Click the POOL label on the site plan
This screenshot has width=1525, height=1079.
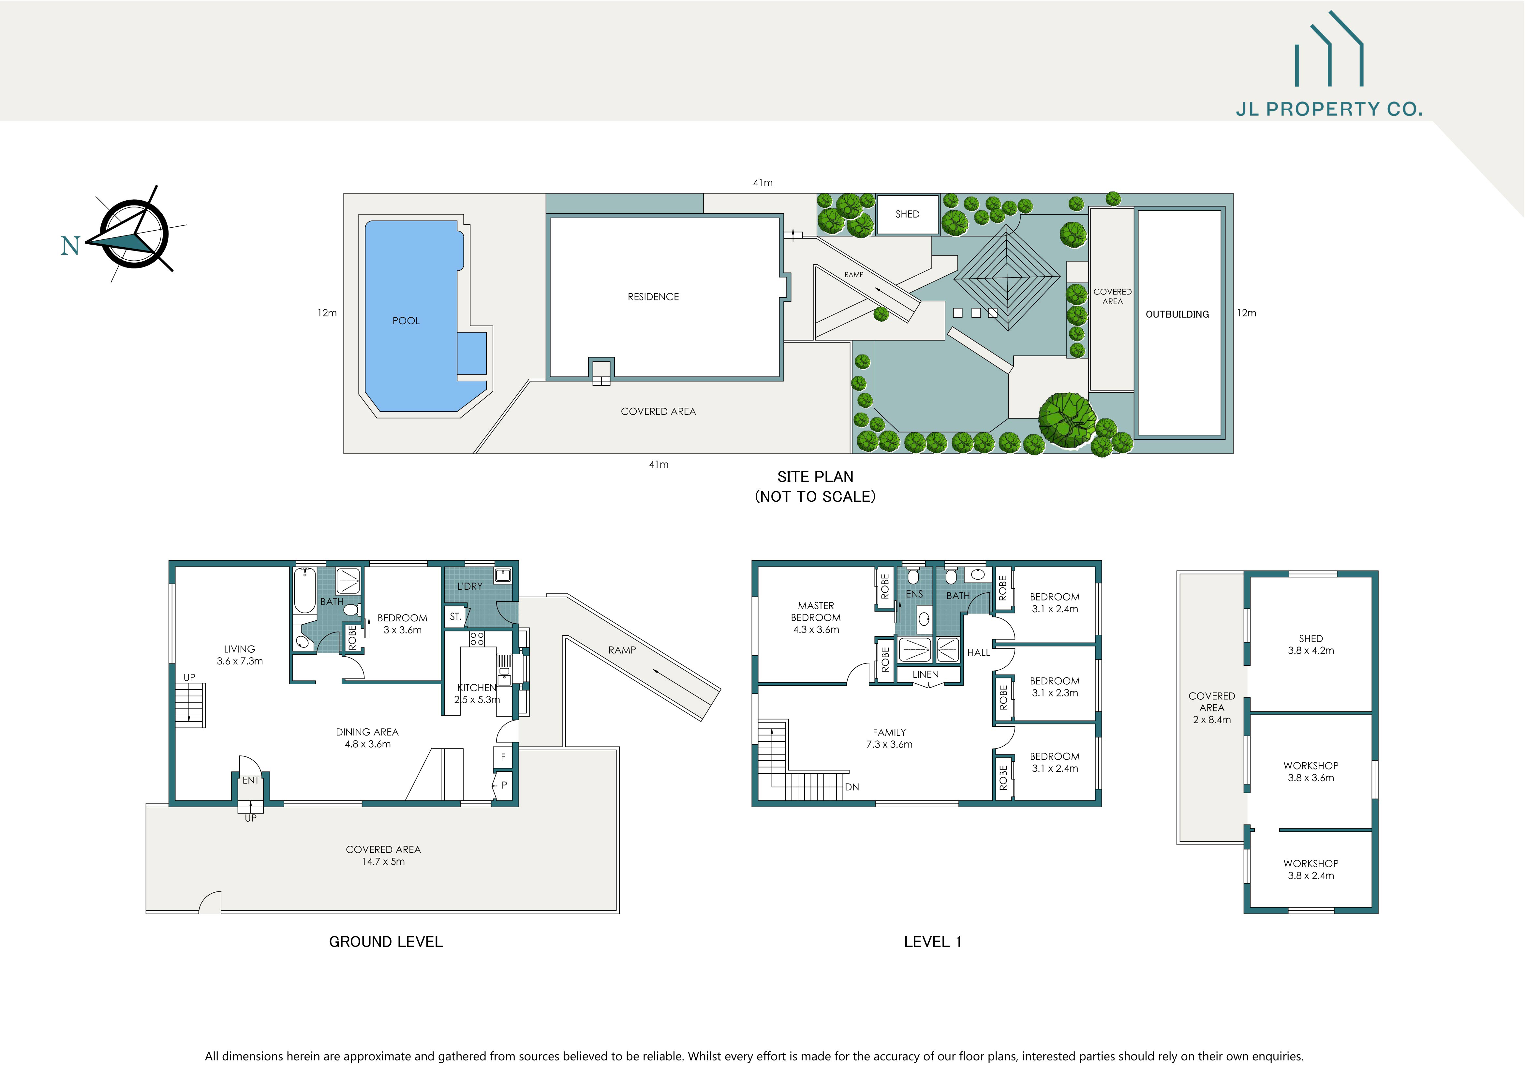point(406,321)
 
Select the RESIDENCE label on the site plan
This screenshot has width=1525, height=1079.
point(653,297)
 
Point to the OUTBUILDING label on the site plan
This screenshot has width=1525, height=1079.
point(1177,314)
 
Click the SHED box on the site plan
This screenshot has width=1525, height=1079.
point(907,214)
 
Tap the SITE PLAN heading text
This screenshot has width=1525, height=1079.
point(815,477)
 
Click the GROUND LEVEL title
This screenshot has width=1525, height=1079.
point(386,941)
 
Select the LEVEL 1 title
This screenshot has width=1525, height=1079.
point(933,941)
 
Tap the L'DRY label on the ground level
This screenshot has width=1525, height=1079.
point(469,586)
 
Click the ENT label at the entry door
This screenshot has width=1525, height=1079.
point(250,780)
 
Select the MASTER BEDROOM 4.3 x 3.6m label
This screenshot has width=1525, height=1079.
point(816,617)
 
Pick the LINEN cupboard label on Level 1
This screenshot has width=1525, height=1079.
point(925,675)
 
